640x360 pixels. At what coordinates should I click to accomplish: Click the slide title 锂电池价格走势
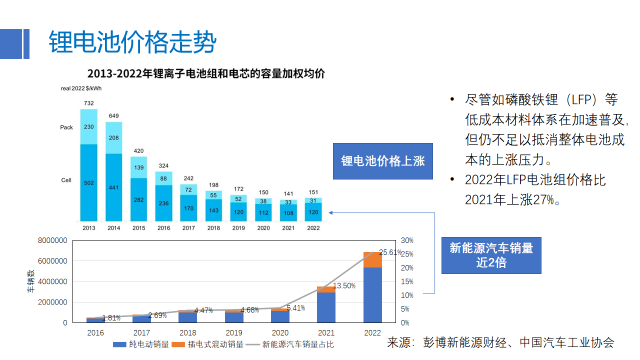tap(132, 42)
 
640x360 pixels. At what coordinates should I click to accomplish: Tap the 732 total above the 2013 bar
tap(88, 103)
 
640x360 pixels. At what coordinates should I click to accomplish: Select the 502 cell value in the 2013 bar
tap(88, 183)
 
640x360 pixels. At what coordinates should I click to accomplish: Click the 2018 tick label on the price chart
tap(213, 228)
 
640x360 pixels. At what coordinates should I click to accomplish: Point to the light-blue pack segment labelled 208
tap(113, 137)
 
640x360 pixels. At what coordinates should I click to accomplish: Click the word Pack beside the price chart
tap(66, 127)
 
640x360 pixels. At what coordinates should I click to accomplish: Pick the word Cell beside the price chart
tap(66, 180)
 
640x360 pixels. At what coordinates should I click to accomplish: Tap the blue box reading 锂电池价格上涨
tap(383, 161)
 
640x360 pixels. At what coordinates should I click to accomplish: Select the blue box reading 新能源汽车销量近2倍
tap(491, 255)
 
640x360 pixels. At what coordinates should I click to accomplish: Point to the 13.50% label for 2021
tap(344, 286)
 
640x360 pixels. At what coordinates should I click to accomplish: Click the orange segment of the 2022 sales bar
tap(372, 259)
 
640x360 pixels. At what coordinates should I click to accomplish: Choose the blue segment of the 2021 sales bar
tap(326, 307)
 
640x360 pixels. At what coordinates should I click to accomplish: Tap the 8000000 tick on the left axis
tap(52, 240)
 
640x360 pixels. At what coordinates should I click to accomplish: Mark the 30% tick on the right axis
tap(407, 240)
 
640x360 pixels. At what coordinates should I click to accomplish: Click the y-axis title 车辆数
tap(31, 281)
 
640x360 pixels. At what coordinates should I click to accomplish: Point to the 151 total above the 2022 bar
tap(313, 192)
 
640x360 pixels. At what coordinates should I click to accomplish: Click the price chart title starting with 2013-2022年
tap(206, 73)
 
